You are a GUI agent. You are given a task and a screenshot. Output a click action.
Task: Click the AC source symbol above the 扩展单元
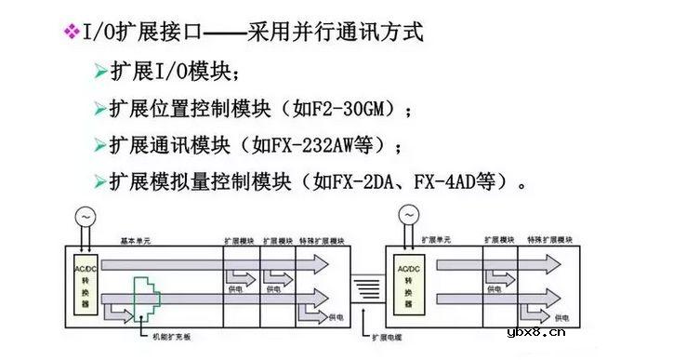point(406,216)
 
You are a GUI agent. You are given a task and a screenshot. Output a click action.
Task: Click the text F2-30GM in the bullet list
point(357,109)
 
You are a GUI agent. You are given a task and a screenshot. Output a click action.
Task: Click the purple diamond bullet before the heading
point(70,33)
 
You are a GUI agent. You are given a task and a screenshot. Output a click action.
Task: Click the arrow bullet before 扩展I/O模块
point(100,73)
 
